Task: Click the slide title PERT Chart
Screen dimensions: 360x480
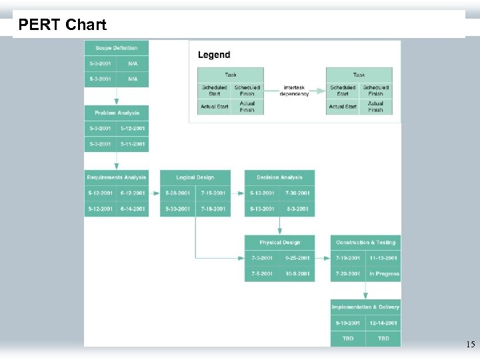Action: click(62, 25)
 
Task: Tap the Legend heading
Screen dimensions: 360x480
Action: click(214, 55)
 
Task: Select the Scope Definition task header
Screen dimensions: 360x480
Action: click(116, 48)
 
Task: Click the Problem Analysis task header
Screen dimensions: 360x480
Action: click(116, 113)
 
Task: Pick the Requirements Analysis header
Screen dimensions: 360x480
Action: click(116, 177)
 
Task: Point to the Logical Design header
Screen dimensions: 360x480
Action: click(195, 177)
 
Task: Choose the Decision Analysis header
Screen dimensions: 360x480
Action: click(279, 177)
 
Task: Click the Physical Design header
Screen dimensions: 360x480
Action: click(279, 243)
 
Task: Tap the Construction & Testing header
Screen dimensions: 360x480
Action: click(365, 243)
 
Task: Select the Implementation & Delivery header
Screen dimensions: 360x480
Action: click(365, 307)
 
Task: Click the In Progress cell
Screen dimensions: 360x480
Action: click(383, 273)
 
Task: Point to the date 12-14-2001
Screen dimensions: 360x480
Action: click(383, 323)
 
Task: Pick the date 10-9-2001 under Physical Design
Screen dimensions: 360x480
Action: click(297, 273)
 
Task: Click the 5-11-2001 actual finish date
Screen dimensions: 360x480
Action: click(133, 144)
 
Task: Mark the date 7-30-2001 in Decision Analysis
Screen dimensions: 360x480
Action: click(297, 193)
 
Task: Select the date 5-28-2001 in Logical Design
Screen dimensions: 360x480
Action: click(177, 193)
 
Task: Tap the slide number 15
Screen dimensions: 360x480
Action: click(470, 345)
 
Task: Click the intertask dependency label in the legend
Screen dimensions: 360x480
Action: click(295, 91)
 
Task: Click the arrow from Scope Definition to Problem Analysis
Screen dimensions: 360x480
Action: click(117, 96)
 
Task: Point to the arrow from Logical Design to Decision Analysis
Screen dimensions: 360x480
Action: click(237, 193)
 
